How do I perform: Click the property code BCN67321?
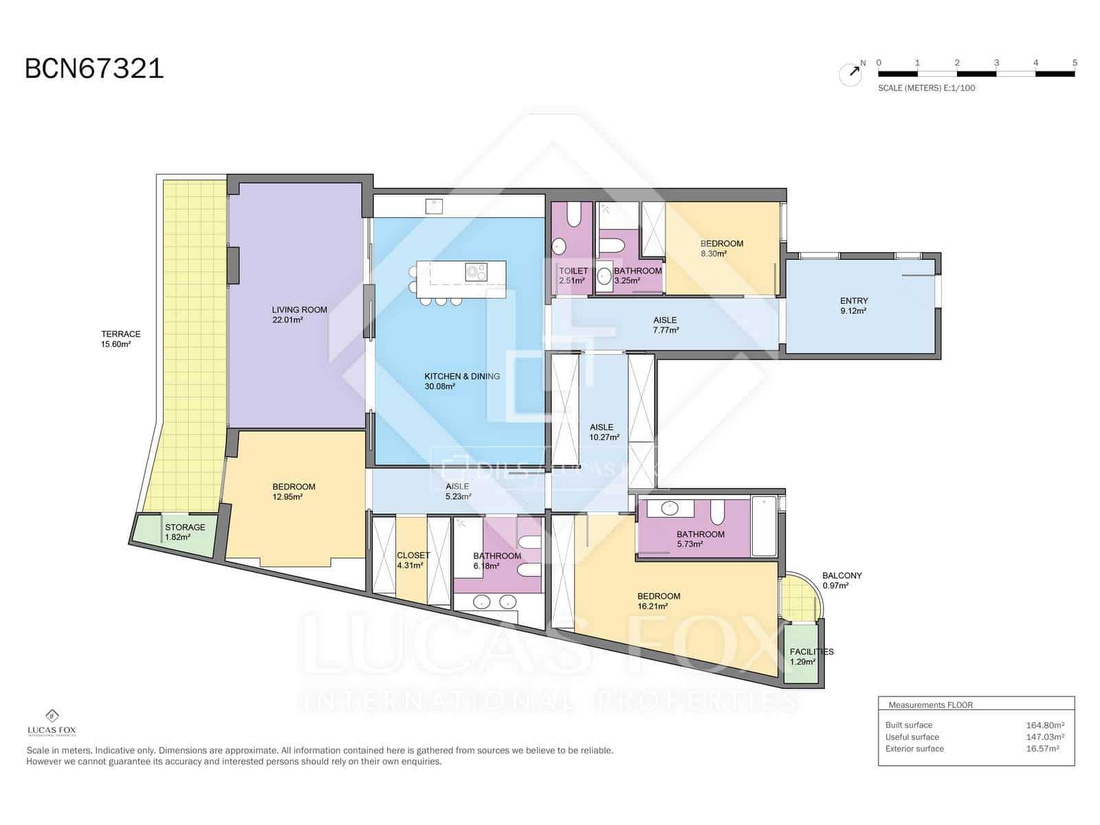click(x=94, y=69)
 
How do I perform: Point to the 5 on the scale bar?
click(x=1074, y=63)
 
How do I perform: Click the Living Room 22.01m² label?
click(x=299, y=315)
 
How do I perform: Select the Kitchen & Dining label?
click(x=461, y=381)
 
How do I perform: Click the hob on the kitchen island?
click(x=475, y=271)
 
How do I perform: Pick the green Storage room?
click(x=175, y=534)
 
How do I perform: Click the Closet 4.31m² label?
click(x=412, y=560)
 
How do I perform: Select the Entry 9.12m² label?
click(x=853, y=305)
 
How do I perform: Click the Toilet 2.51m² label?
click(x=572, y=276)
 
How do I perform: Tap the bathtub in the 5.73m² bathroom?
click(x=764, y=526)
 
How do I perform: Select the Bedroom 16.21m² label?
click(x=658, y=601)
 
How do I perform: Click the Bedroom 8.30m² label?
click(x=721, y=248)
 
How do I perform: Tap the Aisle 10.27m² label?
click(x=604, y=432)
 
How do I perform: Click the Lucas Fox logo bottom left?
click(x=51, y=723)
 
